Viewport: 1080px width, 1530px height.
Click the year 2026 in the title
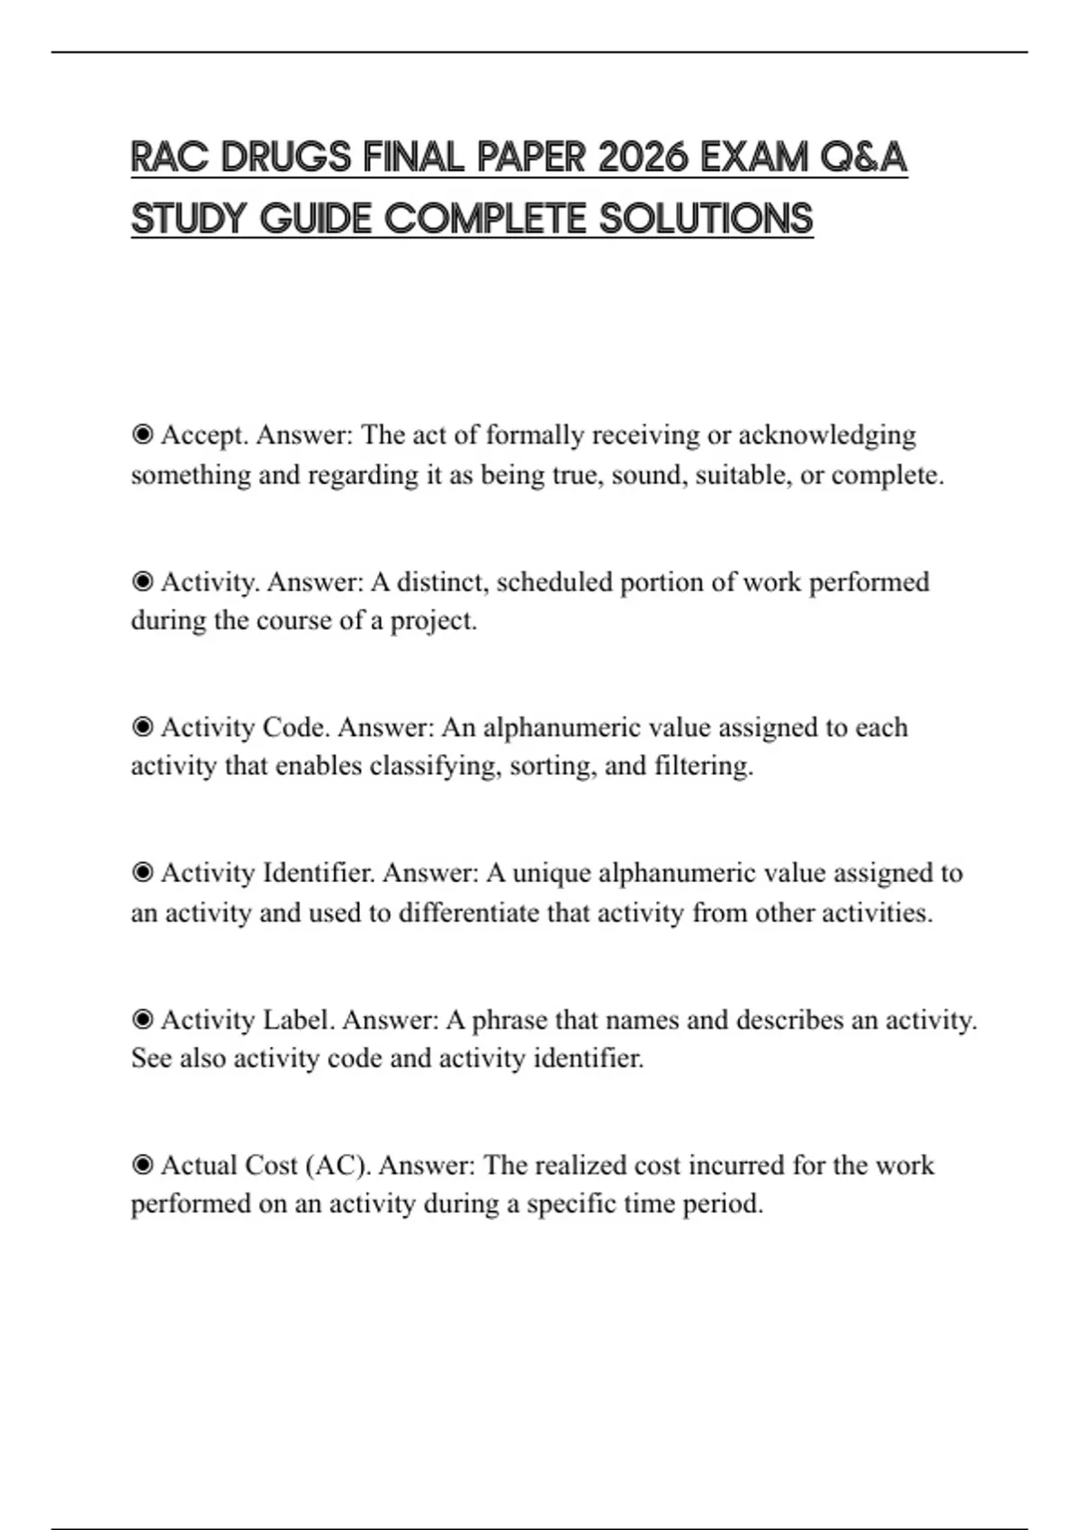click(643, 158)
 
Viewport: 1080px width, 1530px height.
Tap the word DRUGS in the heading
click(286, 158)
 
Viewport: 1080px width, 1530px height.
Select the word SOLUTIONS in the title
click(706, 220)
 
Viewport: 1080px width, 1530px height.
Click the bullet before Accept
click(142, 436)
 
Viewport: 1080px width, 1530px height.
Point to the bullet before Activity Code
click(142, 727)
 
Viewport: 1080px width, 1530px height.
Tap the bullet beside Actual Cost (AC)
click(142, 1165)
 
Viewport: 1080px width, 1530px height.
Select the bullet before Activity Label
click(142, 1020)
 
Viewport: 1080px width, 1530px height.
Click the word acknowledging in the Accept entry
click(826, 436)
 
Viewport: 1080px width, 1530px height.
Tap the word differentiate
click(468, 913)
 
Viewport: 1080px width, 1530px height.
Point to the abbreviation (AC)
click(338, 1165)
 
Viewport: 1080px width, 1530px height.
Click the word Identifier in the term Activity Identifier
click(319, 873)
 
